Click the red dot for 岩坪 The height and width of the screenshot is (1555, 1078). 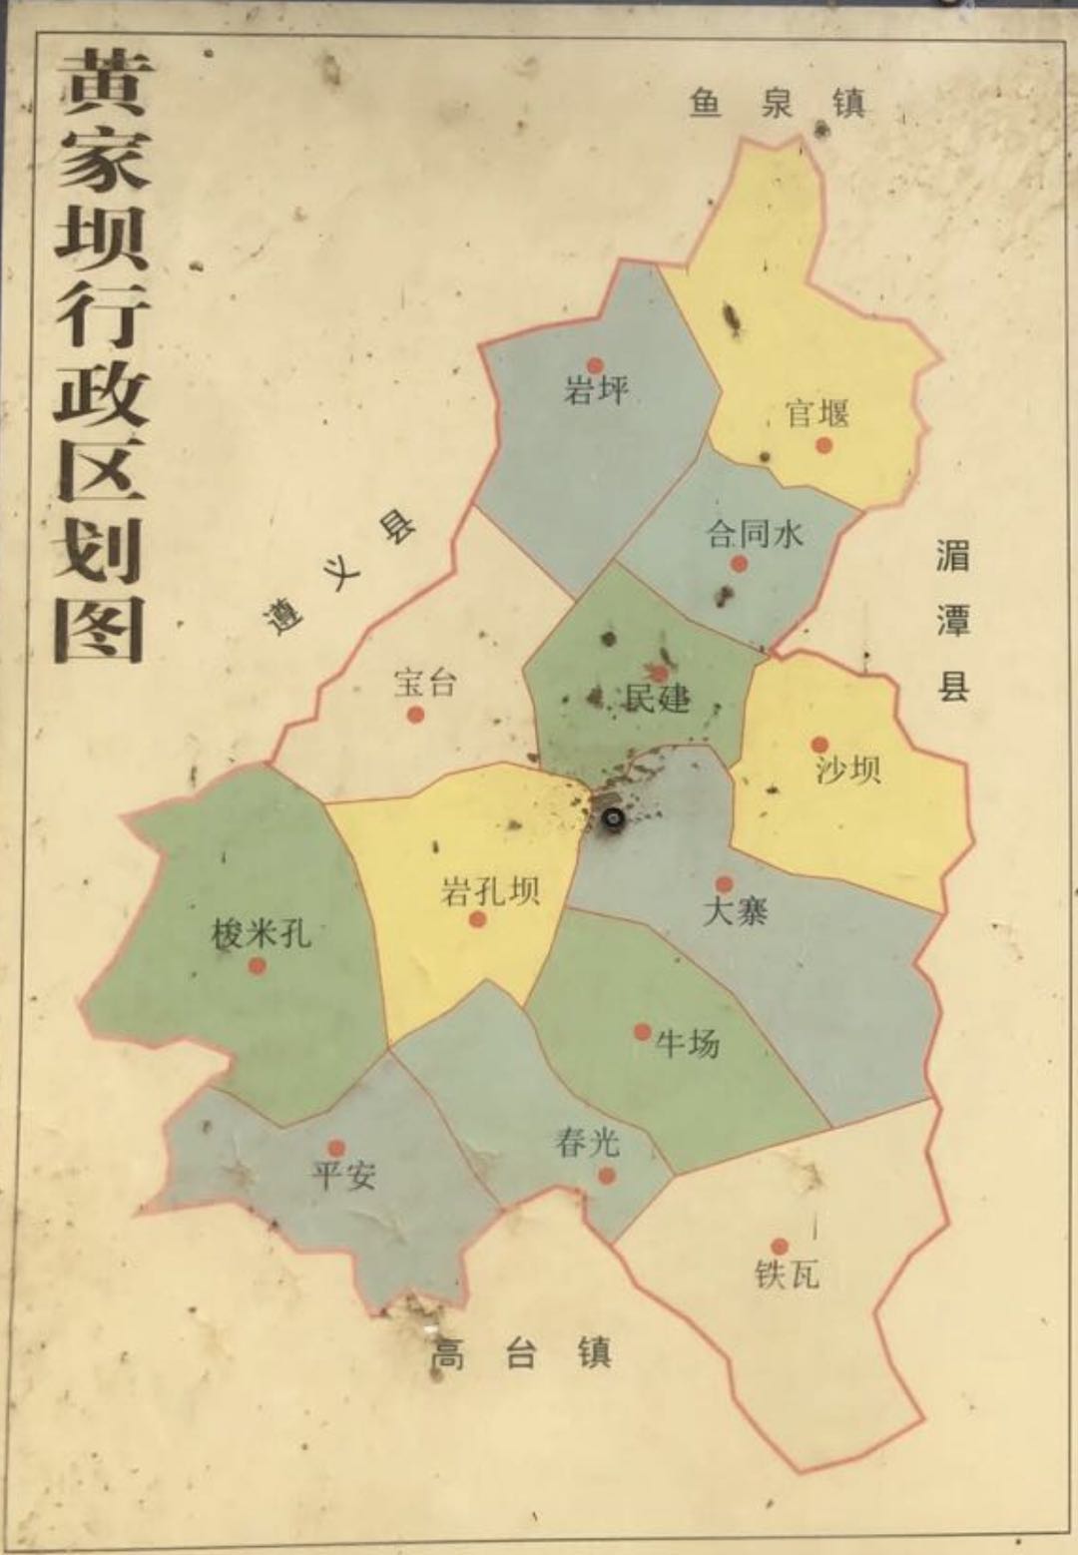tap(595, 366)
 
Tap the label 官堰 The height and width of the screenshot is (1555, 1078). tap(816, 413)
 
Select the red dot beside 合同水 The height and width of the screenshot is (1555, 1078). tap(739, 564)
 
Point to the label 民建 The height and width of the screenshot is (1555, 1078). tap(657, 698)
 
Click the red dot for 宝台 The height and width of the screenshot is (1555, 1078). tap(416, 714)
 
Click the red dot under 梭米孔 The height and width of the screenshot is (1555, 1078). tap(258, 966)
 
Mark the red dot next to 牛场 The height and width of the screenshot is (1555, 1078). tap(642, 1032)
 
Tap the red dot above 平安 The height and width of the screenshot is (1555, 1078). tap(336, 1149)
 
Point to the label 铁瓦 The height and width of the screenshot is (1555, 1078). tap(788, 1275)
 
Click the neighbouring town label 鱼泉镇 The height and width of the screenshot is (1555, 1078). tap(777, 103)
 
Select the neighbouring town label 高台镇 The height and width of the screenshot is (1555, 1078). tap(520, 1354)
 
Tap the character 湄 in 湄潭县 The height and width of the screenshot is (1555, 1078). tap(952, 554)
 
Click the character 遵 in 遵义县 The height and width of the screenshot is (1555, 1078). tap(282, 616)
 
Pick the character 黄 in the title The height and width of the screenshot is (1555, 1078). tap(102, 85)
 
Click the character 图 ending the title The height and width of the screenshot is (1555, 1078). tap(100, 629)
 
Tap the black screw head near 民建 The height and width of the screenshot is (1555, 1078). tap(613, 819)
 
